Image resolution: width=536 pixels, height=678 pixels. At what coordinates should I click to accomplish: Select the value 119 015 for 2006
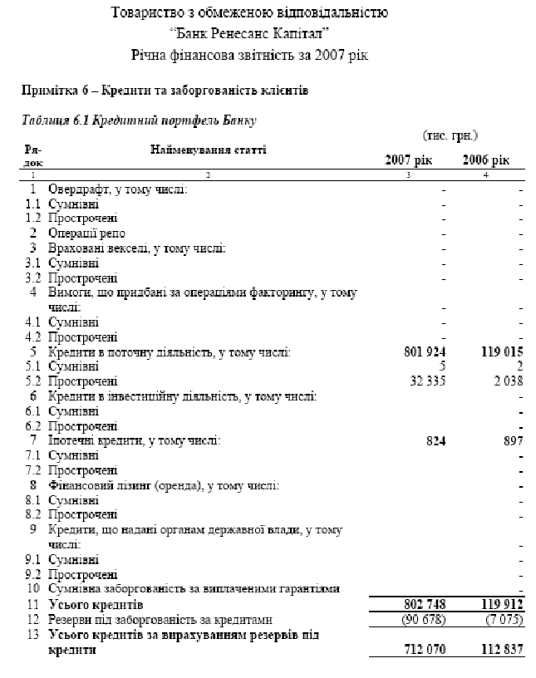(497, 353)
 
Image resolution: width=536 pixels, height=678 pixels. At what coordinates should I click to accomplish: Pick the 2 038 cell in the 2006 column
(505, 381)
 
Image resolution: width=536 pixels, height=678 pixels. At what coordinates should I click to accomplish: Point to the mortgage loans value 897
(509, 440)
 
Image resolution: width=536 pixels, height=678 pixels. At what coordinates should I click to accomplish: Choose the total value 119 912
(497, 604)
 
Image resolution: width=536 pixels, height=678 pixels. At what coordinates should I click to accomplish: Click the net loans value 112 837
(497, 649)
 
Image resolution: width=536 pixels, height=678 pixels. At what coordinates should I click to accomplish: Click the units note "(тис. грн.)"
(450, 135)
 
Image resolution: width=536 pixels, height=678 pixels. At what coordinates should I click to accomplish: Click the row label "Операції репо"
(87, 233)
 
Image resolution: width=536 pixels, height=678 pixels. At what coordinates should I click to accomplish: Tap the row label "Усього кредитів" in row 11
(96, 604)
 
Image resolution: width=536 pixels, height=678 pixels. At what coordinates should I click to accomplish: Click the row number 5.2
(33, 381)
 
